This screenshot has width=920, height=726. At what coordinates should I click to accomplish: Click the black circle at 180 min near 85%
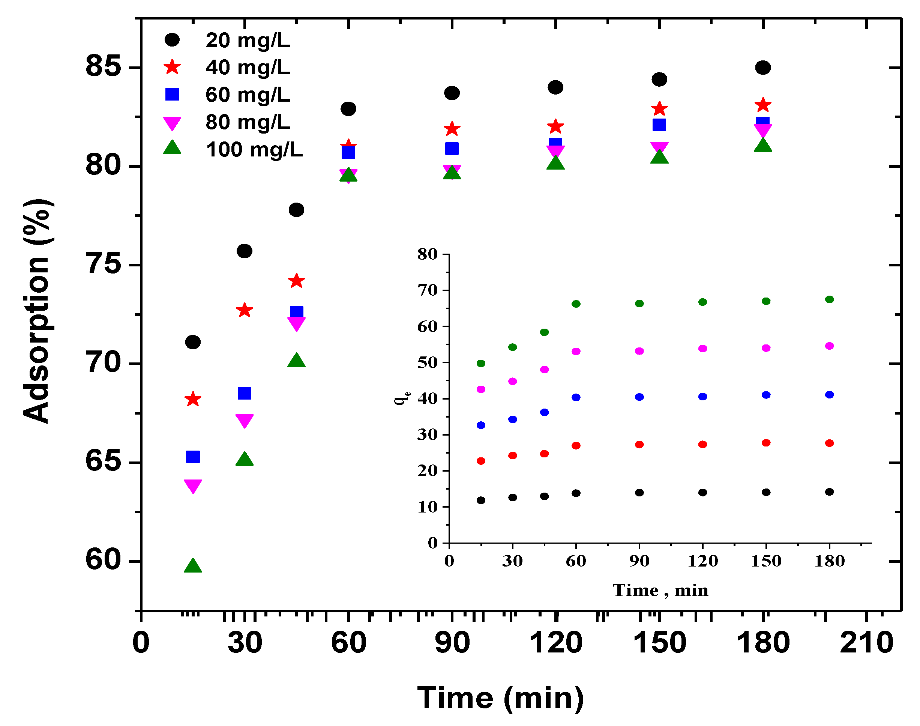pyautogui.click(x=763, y=68)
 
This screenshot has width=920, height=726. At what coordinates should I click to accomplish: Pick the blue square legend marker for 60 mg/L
pyautogui.click(x=172, y=95)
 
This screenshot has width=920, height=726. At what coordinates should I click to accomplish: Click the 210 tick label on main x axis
pyautogui.click(x=866, y=643)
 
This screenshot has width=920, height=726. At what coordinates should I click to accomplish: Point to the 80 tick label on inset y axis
pyautogui.click(x=427, y=254)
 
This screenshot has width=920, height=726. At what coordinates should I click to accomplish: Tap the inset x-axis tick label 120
pyautogui.click(x=702, y=561)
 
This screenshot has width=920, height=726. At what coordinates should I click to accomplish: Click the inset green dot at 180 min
pyautogui.click(x=829, y=299)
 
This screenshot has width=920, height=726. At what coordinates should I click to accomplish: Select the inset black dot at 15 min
pyautogui.click(x=481, y=500)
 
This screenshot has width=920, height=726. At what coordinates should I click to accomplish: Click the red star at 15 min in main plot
pyautogui.click(x=193, y=399)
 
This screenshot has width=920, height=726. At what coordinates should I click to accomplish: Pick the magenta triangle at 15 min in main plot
pyautogui.click(x=193, y=486)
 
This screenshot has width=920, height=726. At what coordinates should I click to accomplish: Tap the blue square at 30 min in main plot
pyautogui.click(x=244, y=393)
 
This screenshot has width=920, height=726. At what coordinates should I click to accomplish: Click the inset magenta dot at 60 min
pyautogui.click(x=576, y=352)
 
